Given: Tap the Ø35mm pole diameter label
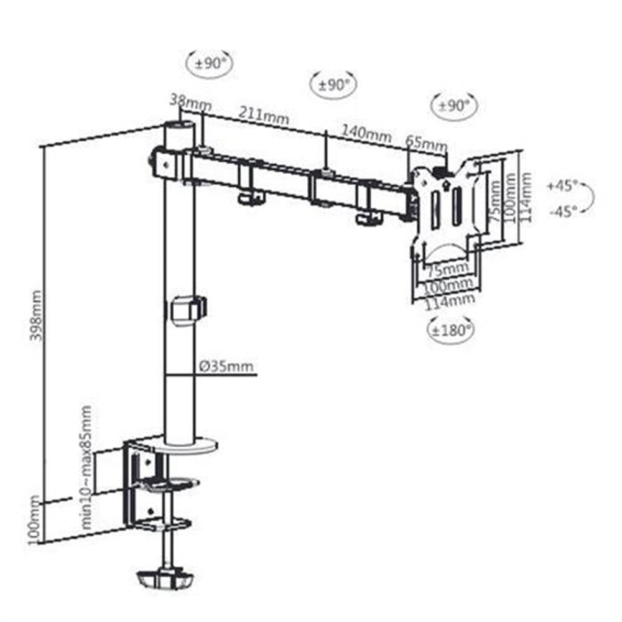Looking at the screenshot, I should [x=227, y=366].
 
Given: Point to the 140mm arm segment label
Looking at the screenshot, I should [x=366, y=132].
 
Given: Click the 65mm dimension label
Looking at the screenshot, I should [x=426, y=142].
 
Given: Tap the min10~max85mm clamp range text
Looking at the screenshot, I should [x=87, y=467].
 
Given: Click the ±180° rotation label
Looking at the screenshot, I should [x=450, y=330].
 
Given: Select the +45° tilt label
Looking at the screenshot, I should [x=562, y=185].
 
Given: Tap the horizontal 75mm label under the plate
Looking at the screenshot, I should [x=447, y=269].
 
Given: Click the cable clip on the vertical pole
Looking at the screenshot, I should [x=188, y=310].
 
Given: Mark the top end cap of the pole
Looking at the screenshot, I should [x=179, y=128].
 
